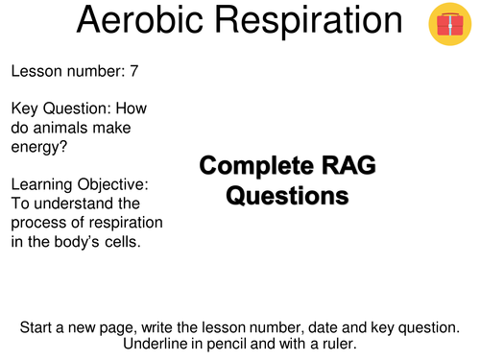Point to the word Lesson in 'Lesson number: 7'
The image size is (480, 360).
coord(36,70)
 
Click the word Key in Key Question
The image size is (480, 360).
coord(26,108)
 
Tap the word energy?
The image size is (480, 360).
coord(40,146)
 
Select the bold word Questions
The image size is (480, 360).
coord(286,197)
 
